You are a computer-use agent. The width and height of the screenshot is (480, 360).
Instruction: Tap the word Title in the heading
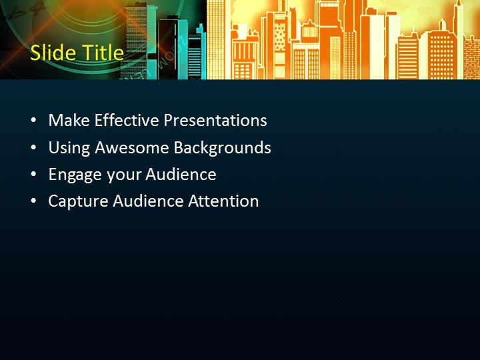[99, 53]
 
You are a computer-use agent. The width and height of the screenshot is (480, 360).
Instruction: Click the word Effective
[127, 121]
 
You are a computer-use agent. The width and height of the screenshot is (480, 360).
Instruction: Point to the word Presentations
[215, 121]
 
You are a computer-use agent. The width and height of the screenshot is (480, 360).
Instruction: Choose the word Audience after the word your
[181, 175]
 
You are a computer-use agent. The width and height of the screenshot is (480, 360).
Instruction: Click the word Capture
[76, 201]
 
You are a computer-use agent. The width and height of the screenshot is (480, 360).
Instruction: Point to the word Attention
[224, 201]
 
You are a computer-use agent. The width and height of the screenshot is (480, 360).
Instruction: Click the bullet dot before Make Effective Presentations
[34, 121]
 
